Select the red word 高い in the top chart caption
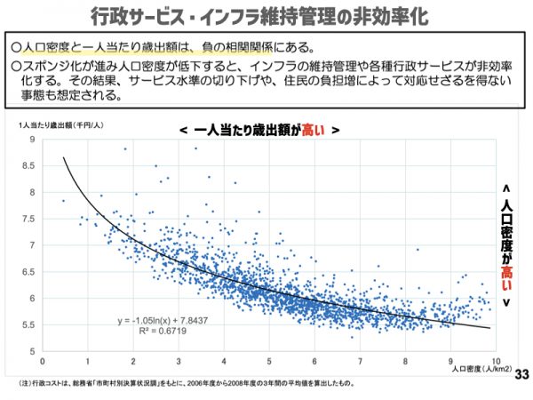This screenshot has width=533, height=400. click(313, 129)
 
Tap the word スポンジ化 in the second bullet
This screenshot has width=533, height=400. click(45, 67)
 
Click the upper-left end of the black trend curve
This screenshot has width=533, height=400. click(64, 158)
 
